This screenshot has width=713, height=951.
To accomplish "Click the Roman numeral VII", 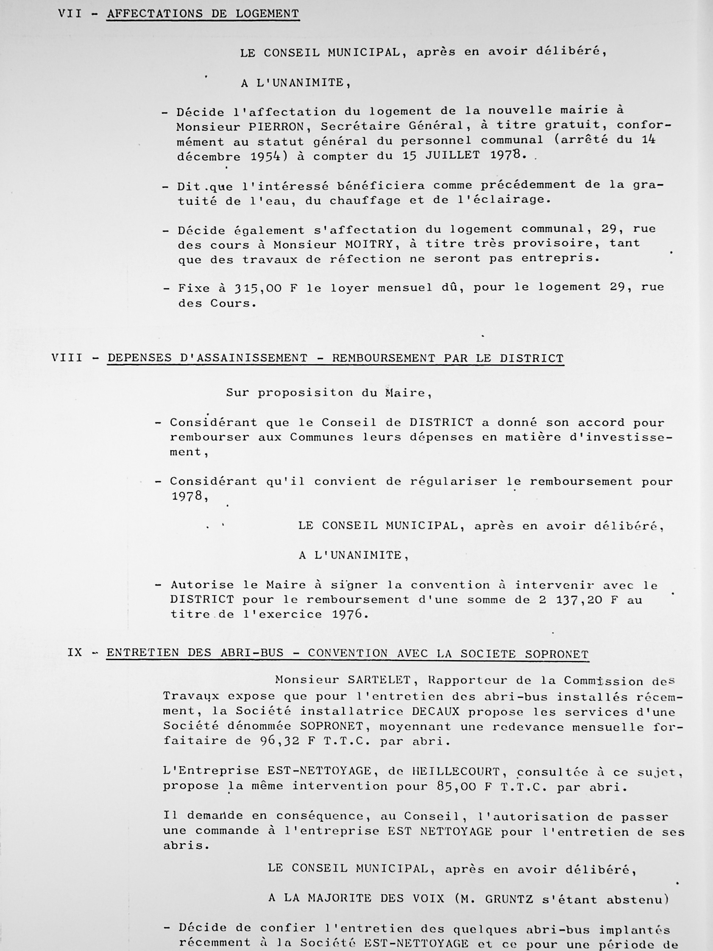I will tap(70, 14).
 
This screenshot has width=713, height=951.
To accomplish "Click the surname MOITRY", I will tap(369, 245).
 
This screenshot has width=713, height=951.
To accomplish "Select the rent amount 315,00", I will tap(258, 288).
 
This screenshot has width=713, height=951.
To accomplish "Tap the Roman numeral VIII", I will tap(67, 358).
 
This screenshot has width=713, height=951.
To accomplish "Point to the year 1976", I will tap(347, 614).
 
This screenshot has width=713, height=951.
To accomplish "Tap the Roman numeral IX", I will tap(75, 653).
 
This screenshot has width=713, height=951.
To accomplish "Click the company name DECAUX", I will tap(435, 711).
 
